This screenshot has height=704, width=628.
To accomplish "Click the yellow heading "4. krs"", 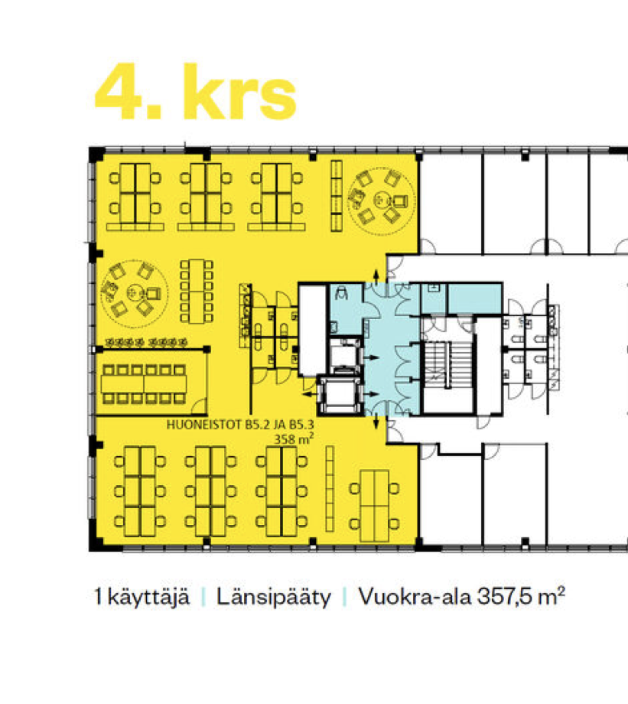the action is pos(195,92).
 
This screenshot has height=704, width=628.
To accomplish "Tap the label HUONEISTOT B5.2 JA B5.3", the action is pos(240,425).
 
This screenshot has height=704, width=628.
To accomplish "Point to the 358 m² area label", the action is pos(294,438).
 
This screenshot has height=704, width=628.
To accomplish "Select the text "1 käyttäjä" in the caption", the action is pos(142,597).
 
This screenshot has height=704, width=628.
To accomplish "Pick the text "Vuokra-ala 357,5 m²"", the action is pos(461,597).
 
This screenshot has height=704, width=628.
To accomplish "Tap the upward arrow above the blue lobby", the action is pos(376,275).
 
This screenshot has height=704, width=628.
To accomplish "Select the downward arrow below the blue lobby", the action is pos(376,422).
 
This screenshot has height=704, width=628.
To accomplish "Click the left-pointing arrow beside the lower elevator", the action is pos(309,394).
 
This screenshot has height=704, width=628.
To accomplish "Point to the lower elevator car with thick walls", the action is pos(340,395).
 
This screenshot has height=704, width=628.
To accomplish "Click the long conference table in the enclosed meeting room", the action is pos(144,384).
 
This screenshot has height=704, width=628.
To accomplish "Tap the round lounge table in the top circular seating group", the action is pos(382,198).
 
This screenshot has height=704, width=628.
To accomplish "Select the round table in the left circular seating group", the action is pos(134,293).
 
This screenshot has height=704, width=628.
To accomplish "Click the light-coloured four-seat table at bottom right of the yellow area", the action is pos(375,506).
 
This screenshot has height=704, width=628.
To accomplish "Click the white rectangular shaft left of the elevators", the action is pos(313,331).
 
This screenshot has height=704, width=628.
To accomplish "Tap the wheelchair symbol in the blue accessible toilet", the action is pos(342,292).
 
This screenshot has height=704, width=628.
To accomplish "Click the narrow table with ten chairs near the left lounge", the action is pos(197,291).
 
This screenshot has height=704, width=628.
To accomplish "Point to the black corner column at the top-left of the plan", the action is pos(96,155).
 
